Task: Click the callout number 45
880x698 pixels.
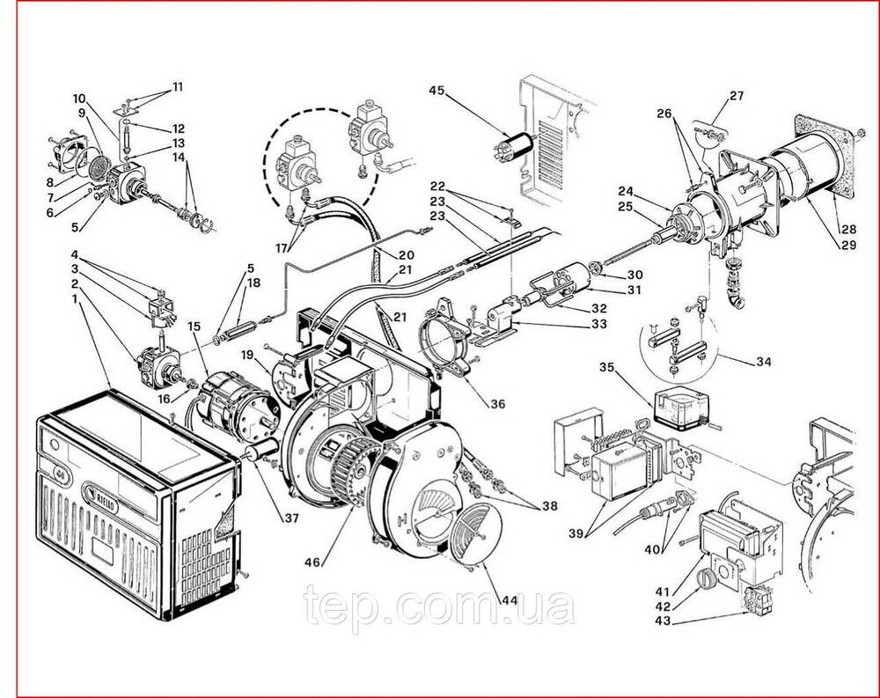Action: pos(438,90)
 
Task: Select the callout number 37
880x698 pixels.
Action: pos(290,518)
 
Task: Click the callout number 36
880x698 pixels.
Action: pos(498,405)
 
